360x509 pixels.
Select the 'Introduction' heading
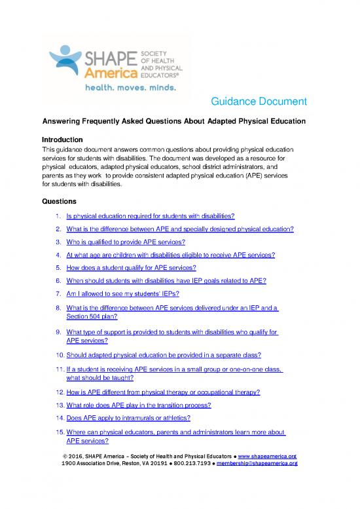click(x=62, y=140)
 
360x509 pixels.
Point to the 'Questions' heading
click(x=59, y=200)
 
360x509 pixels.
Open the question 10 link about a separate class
click(x=164, y=355)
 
